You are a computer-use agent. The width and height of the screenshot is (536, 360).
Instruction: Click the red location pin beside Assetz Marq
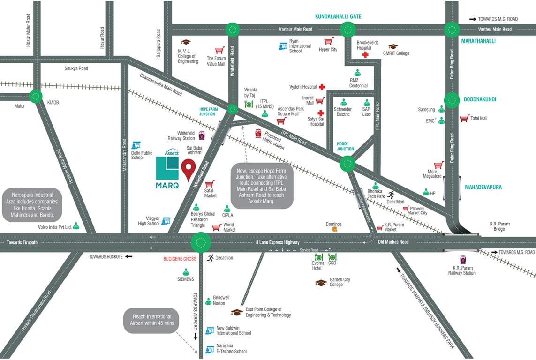(x=189, y=169)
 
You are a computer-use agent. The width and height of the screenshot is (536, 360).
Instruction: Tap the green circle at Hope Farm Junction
(x=233, y=109)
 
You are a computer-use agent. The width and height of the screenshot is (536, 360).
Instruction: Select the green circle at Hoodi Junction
(x=347, y=164)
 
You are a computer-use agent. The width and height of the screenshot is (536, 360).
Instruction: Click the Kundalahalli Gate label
(x=338, y=16)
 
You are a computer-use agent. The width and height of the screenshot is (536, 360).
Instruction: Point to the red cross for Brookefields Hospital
(x=365, y=55)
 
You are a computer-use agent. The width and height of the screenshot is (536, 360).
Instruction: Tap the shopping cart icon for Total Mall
(x=464, y=118)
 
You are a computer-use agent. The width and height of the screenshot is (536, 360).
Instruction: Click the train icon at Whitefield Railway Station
(x=202, y=135)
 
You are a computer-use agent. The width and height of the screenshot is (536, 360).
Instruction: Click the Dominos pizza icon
(x=334, y=230)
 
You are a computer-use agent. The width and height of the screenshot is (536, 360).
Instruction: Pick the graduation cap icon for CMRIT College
(x=393, y=47)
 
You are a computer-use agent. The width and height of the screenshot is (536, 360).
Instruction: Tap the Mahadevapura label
(x=483, y=187)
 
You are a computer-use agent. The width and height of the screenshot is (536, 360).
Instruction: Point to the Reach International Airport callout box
(x=151, y=320)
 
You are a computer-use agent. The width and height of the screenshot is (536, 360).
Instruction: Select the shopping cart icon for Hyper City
(x=328, y=41)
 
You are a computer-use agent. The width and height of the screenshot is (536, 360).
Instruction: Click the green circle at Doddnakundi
(x=452, y=99)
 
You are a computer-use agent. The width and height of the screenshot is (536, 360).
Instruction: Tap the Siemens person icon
(x=186, y=271)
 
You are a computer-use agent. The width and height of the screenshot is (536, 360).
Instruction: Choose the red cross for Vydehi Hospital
(x=322, y=87)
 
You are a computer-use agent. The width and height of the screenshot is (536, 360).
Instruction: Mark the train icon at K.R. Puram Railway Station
(x=463, y=259)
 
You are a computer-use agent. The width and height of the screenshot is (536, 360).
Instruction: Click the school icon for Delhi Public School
(x=136, y=145)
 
